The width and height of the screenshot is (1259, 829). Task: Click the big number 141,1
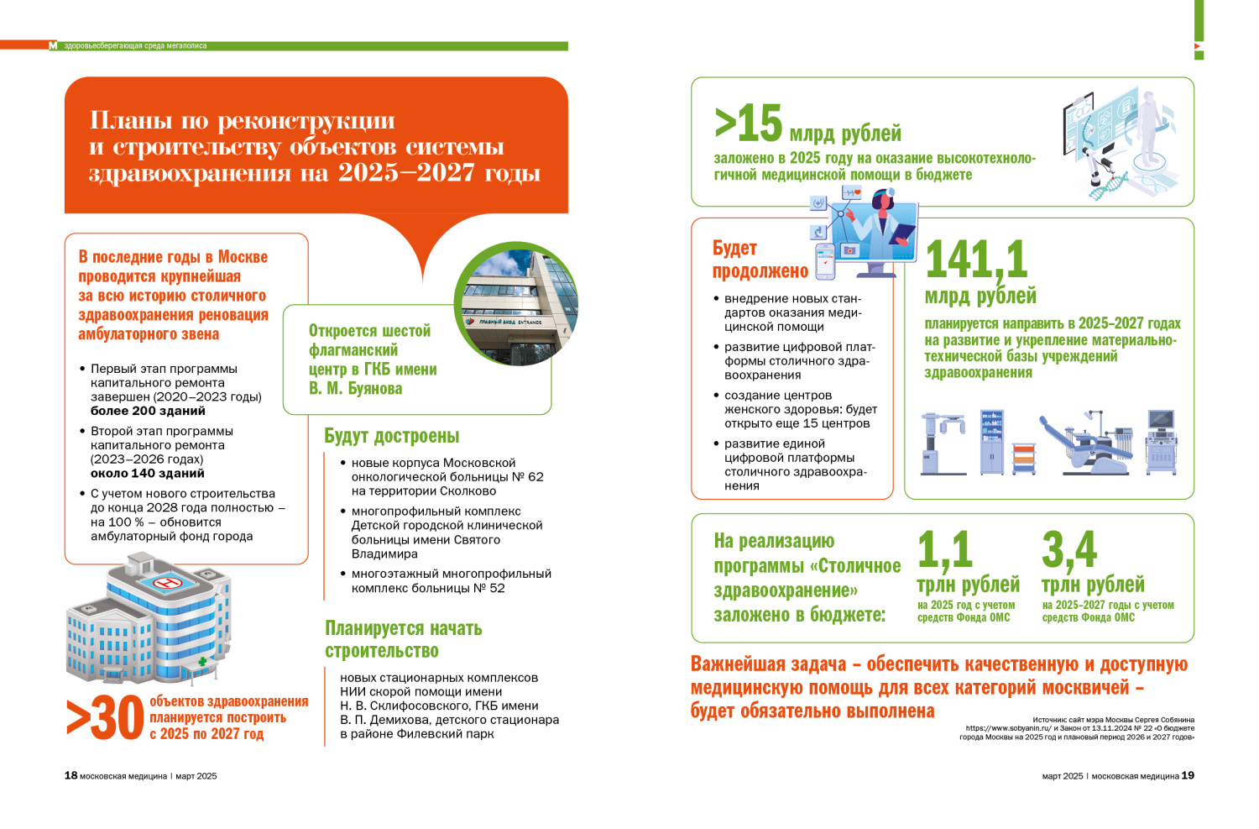coord(976,260)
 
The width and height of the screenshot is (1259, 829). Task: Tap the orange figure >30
coord(105,719)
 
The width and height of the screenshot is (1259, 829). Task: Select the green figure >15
coord(748,124)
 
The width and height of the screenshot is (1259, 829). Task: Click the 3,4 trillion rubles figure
coord(1069,550)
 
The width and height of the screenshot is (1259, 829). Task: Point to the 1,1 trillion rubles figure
coord(944,550)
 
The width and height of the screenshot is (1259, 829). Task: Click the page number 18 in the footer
coord(71,775)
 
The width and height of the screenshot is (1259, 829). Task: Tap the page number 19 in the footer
coord(1188,775)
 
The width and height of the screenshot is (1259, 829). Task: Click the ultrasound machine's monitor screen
coord(1162,420)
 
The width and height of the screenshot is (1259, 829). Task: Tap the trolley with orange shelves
coord(1024,459)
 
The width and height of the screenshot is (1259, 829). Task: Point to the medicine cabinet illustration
coord(992,442)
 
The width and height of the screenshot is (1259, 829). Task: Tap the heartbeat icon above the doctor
coord(851,192)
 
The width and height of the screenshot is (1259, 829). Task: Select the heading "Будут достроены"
coord(392,436)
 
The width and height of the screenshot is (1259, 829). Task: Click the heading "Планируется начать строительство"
coord(404,639)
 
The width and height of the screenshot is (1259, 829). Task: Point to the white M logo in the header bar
coord(53,46)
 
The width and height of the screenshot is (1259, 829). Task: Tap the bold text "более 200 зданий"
coord(148,411)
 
